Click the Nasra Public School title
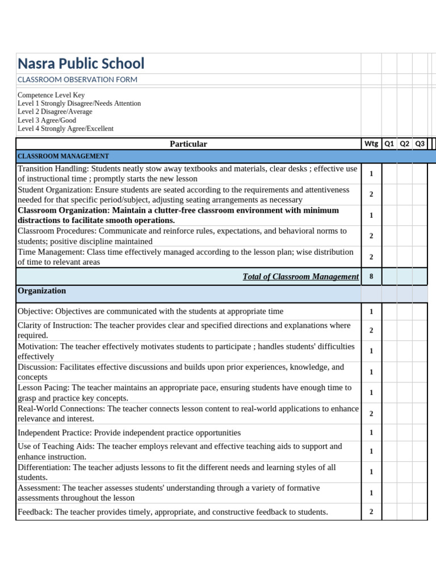81,64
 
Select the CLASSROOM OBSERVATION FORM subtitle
77,80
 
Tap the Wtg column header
371,144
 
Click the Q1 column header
389,144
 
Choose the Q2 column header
405,144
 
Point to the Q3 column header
420,144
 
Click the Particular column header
188,144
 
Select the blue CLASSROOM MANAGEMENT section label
63,156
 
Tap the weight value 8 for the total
371,277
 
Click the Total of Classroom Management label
300,277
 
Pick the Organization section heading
42,291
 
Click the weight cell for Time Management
371,257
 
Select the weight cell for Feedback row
371,512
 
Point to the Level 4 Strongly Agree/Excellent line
65,129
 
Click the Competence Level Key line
51,95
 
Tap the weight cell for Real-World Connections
371,414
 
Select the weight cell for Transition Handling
371,174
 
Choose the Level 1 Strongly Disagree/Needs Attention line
79,104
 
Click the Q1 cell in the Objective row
389,311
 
